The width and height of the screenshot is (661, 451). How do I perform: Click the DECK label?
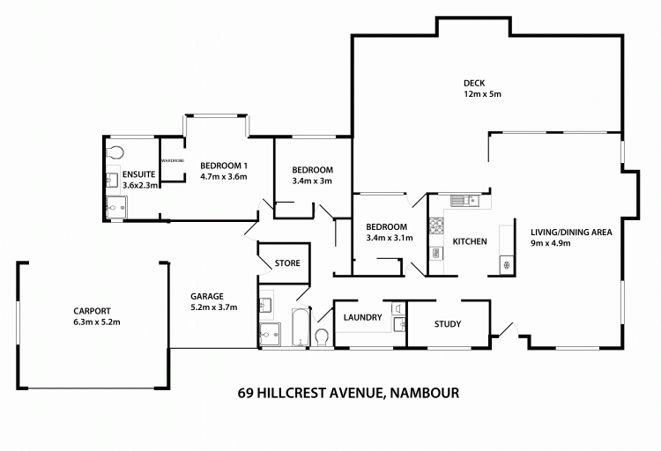474,85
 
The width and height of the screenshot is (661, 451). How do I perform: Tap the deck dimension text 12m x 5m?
483,95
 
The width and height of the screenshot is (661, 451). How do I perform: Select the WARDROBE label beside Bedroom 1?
172,161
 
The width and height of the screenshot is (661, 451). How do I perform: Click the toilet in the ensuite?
112,151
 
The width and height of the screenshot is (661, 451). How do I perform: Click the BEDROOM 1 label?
223,166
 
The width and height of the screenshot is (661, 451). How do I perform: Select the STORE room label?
287,263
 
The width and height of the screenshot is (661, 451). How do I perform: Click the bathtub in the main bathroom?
299,328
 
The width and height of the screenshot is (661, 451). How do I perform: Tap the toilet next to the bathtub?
322,336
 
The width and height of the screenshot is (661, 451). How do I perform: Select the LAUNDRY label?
362,317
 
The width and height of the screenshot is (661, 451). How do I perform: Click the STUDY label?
448,324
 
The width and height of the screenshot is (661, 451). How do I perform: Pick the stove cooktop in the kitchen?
435,227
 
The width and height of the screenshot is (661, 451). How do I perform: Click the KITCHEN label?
470,241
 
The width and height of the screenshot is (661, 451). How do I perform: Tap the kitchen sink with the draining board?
464,200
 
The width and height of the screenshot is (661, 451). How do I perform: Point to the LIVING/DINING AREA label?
570,233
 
